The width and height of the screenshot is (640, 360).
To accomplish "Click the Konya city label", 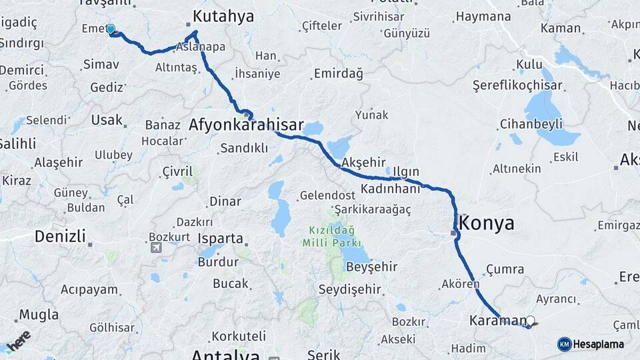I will pos(487,223).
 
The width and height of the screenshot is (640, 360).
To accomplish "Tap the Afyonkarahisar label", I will pos(246,125).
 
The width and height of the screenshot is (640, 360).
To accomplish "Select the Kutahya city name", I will pos(223,16).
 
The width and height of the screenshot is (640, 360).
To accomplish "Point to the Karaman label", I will pos(497,320).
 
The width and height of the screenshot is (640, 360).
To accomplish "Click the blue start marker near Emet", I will pos(111,29).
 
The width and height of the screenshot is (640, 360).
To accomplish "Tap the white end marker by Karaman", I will pos(531,320).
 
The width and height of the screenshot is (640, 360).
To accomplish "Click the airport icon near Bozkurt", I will pos(157,248).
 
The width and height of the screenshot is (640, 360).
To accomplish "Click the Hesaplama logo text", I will pos(598,344).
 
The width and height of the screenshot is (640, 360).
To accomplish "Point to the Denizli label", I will pos(60,235).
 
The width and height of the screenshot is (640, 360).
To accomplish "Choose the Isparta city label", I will pos(220,238).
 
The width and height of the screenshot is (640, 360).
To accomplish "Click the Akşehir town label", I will pos(363,162).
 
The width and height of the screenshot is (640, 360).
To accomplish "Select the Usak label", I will pos(109,120).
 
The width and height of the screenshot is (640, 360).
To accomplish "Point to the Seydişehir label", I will pos(349,289).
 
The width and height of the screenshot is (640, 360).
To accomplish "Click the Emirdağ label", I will pos(338,73).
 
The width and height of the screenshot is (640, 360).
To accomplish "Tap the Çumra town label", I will pos(502,268).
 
